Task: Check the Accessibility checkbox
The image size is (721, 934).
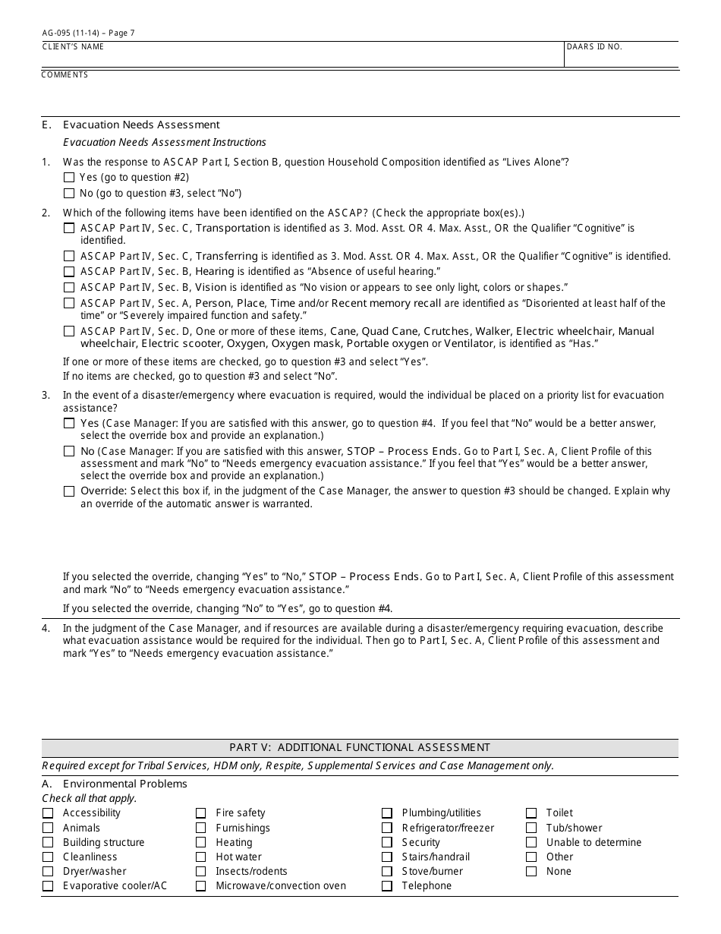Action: coord(48,813)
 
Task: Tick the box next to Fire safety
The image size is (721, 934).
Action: coord(200,813)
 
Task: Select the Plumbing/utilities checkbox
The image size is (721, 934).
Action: coord(387,813)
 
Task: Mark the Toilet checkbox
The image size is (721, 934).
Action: coord(531,813)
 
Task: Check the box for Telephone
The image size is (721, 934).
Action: coord(387,886)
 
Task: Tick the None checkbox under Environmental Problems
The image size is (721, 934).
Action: coord(531,872)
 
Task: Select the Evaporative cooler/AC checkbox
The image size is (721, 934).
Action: coord(48,886)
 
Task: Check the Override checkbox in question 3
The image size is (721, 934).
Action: coord(69,491)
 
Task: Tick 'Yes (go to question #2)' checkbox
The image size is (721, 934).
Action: coord(69,178)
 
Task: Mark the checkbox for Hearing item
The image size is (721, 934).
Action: coord(69,272)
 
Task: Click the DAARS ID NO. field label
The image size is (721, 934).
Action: coord(594,47)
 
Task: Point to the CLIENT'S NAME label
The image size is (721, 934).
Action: coord(73,47)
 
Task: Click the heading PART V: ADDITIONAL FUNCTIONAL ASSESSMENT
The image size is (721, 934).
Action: coord(360,748)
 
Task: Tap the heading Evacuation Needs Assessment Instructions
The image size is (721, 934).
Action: coord(164,142)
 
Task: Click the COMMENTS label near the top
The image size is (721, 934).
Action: coord(65,75)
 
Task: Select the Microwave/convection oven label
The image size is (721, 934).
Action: coord(281,886)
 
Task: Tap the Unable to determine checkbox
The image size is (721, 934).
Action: coord(531,843)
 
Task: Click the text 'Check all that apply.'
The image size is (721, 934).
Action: coord(90,799)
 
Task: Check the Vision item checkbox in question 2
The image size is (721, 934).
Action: coord(69,288)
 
